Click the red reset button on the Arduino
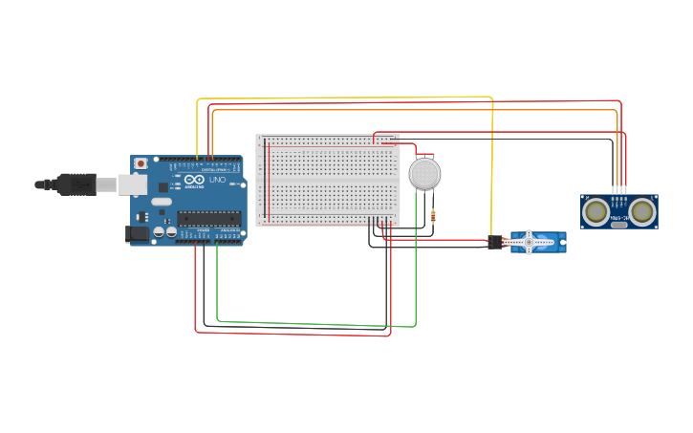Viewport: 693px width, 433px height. coord(141,163)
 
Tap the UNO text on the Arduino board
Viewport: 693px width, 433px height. coord(217,180)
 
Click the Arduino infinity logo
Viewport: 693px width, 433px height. coord(195,179)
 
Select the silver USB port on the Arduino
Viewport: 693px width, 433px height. coord(132,184)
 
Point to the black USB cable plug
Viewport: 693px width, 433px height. coord(76,184)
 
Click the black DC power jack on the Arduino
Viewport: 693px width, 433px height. coord(137,233)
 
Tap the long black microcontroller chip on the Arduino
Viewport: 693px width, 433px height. coord(208,219)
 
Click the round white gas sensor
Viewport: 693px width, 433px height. coord(424,174)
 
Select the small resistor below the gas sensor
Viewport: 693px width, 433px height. coord(433,216)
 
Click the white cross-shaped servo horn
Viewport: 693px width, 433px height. coord(529,242)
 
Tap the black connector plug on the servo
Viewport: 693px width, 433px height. coord(495,243)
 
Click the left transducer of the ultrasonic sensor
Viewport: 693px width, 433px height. coord(596,210)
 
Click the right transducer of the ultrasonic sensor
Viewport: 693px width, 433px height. coord(641,210)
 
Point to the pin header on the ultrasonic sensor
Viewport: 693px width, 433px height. coord(619,190)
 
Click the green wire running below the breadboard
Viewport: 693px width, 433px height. coord(315,324)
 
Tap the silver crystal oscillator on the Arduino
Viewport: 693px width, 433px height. coord(161,202)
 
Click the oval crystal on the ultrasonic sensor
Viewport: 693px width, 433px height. coord(619,225)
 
